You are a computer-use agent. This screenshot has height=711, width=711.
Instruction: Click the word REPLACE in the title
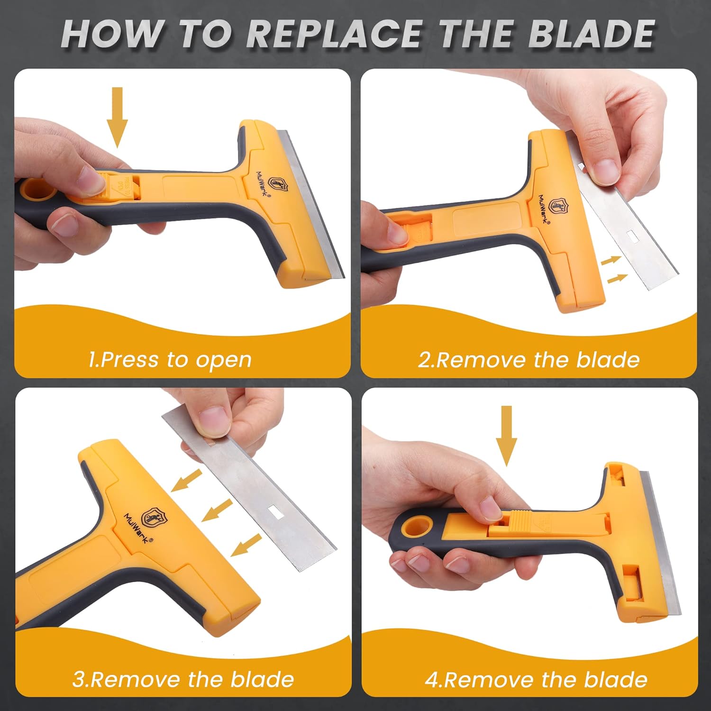tap(334, 34)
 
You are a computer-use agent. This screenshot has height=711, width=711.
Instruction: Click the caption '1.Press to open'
tap(170, 360)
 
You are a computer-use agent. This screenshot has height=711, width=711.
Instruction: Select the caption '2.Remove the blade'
tap(529, 360)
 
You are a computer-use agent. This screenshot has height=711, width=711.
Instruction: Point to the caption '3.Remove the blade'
tap(183, 679)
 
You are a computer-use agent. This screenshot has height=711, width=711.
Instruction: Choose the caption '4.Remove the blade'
tap(536, 679)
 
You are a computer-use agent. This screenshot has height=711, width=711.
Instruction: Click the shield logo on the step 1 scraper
tap(277, 184)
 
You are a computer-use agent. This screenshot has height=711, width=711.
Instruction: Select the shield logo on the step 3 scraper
tap(153, 517)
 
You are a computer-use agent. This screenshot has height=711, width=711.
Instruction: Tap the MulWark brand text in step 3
tap(136, 529)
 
